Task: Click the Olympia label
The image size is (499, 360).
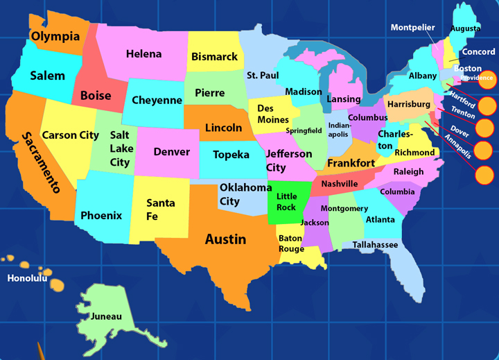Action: coord(55,36)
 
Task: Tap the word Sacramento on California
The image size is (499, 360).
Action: coord(40,162)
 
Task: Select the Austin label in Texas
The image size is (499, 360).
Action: coord(225,239)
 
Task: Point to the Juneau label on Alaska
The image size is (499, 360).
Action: coord(106,316)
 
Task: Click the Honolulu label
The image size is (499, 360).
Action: coord(27,279)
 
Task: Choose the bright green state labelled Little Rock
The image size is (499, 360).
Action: coord(286,202)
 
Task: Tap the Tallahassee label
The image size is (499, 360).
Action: coord(375,245)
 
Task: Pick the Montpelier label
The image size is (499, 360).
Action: coord(412,28)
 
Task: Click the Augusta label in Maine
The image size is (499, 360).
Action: coord(465,28)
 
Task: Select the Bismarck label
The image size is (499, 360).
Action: coord(214,57)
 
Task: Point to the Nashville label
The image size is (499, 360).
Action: coord(340,184)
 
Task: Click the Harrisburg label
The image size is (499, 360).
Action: coord(409,104)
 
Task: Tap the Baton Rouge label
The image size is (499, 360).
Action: coord(291,243)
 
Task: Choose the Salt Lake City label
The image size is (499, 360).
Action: coord(121,148)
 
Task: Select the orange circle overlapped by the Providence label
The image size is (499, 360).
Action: coord(488,79)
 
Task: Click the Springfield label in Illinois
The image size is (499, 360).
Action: coord(304,130)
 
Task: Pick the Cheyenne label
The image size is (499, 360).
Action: coord(157,101)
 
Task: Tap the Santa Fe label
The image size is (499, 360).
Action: coord(161,209)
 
